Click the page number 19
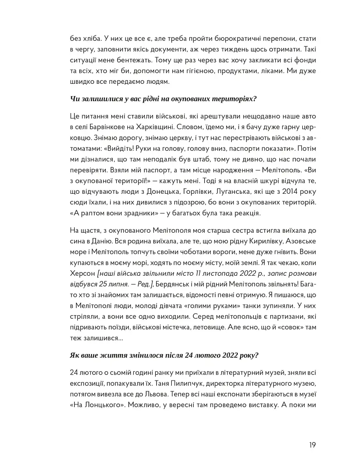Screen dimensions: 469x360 pos(312,445)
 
